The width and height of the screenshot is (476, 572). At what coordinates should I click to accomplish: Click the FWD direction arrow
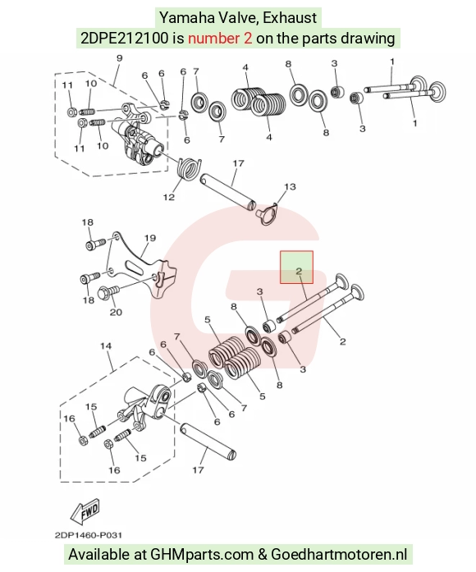pos(85,510)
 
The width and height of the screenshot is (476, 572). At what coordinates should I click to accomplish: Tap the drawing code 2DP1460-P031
pos(89,535)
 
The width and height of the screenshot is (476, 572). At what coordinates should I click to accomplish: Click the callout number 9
pos(119,58)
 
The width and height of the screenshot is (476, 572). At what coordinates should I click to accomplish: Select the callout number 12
pos(169,197)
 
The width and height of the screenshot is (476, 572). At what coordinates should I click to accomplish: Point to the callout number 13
pos(290,187)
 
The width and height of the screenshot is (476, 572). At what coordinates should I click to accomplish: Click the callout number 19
pos(150,238)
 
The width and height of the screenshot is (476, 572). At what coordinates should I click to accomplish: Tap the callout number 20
pos(116,313)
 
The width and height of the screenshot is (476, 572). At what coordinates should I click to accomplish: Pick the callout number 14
pos(106,345)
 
